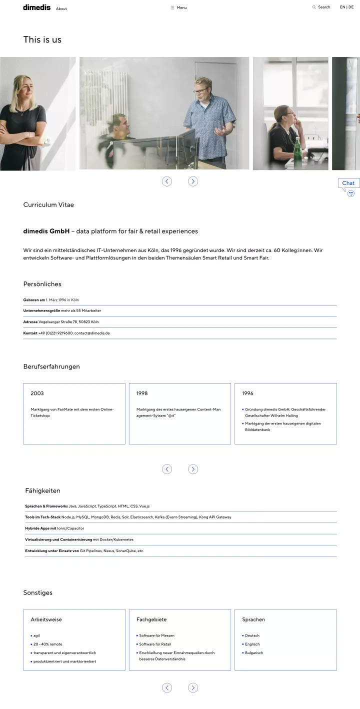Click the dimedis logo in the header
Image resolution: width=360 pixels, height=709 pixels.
coord(36,7)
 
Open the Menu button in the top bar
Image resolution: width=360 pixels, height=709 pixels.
coord(178,7)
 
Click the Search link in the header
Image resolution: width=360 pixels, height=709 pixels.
coord(321,7)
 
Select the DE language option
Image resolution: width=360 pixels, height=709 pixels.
coord(351,7)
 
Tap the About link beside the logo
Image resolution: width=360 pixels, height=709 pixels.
coord(61,8)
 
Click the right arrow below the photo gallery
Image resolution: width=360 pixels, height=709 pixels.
coord(193,181)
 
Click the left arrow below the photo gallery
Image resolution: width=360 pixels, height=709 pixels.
coord(167,181)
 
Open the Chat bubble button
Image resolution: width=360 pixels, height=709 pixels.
coord(348,183)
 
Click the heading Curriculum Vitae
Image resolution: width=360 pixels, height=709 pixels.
coord(48,204)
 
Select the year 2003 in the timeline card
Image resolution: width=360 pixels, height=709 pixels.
coord(37,393)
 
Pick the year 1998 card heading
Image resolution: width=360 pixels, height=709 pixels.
coord(142,393)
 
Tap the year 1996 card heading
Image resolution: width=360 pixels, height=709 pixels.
coord(247,393)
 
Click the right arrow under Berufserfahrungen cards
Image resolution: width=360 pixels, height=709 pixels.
coord(193,469)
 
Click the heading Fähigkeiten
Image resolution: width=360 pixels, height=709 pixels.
coord(42,490)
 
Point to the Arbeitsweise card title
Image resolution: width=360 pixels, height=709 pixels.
coord(46,619)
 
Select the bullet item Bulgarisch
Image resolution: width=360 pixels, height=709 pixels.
coord(254,652)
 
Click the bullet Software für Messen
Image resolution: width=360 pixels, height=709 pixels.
coord(156,635)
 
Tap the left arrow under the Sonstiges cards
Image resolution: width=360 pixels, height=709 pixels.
coord(167,687)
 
